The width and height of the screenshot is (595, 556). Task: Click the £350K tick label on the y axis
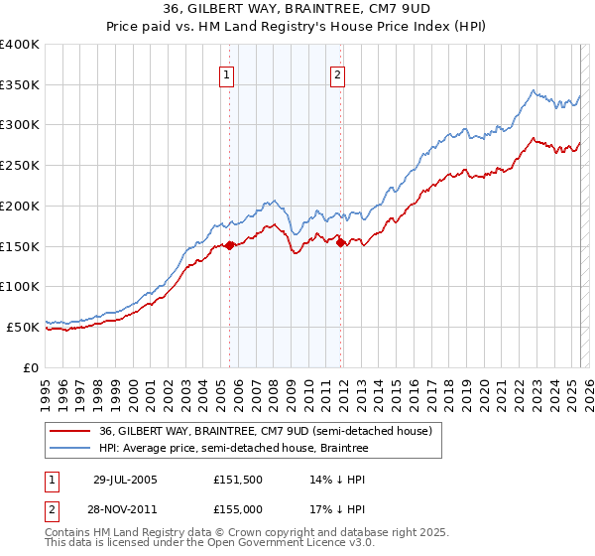point(20,85)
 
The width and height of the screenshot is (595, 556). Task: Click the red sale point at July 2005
point(230,245)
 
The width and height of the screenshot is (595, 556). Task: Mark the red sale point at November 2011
point(341,242)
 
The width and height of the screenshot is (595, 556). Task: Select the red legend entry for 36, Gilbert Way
point(265,432)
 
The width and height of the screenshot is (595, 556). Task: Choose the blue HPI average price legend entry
point(233,449)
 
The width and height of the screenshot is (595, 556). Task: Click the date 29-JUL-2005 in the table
point(125,480)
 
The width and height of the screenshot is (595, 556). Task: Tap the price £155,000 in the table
point(238,507)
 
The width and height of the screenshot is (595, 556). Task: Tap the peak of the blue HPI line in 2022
point(534,91)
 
